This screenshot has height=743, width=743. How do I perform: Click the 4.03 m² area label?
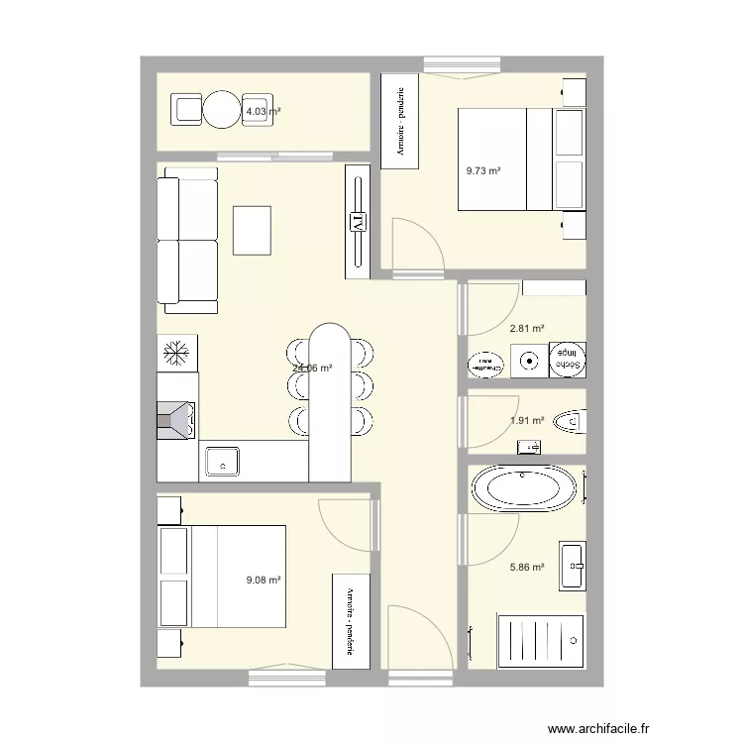(x=263, y=112)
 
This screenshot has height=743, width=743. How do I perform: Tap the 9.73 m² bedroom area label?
(x=483, y=170)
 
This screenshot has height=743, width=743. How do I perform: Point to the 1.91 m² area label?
(x=527, y=420)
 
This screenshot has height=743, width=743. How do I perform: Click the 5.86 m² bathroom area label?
(x=527, y=568)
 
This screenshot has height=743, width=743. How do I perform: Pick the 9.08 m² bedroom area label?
(x=264, y=582)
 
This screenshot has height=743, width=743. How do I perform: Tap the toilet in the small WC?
(x=569, y=423)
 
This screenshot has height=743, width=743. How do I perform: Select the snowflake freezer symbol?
(x=177, y=352)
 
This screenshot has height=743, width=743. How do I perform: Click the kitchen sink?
(x=222, y=461)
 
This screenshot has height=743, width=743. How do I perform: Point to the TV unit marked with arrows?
(x=358, y=221)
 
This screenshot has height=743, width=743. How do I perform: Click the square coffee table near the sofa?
(x=252, y=230)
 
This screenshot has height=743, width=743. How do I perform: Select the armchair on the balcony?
(x=186, y=110)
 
